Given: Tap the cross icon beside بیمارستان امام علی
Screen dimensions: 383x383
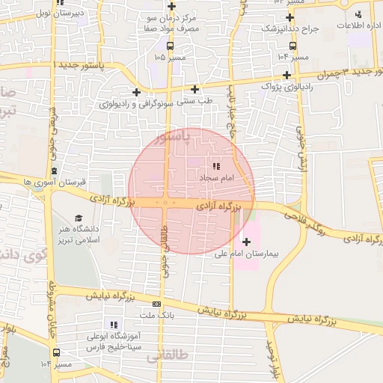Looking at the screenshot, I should pos(247,242).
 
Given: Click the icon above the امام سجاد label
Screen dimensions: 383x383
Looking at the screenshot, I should pos(216,167).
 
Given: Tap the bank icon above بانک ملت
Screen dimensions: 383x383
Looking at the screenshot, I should pos(156,304).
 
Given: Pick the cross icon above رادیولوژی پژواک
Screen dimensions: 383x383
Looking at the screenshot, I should pos(287,75).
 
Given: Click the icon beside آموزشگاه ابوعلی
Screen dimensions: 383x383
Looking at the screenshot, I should pos(114,325).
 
